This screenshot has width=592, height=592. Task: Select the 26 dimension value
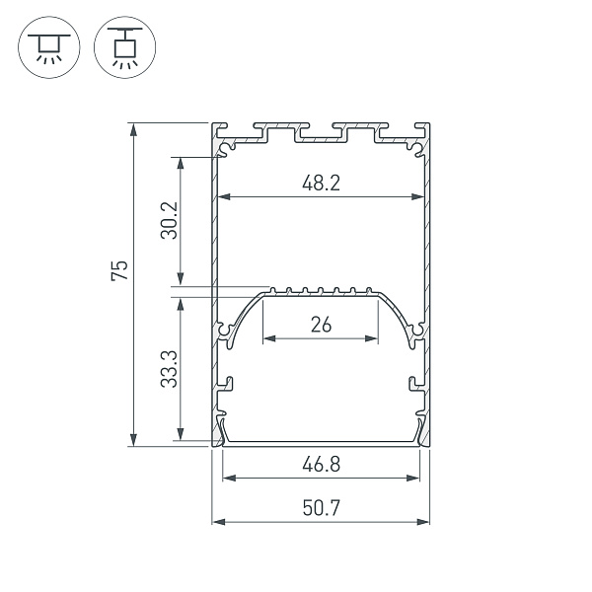coord(320,324)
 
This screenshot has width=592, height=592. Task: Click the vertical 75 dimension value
coord(118,271)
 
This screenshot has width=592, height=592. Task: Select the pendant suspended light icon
coord(123,47)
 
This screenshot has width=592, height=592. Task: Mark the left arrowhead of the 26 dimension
coord(268,338)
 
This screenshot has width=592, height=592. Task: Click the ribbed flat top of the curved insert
coord(321,292)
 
